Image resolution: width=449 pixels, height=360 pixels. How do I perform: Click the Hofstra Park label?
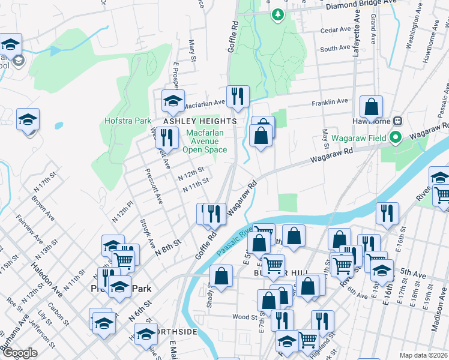point(127,121)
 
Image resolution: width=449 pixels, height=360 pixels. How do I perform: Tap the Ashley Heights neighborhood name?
point(197,121)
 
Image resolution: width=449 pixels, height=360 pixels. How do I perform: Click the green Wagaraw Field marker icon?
point(395,139)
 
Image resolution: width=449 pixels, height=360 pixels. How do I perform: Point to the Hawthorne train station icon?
point(397,120)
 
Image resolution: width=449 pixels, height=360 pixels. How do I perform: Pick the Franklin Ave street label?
point(330,103)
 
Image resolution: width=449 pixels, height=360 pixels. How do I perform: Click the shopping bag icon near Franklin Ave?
point(372,107)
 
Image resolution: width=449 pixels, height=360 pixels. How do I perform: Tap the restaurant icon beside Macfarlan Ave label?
point(238,96)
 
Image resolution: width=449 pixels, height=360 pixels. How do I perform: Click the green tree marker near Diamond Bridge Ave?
point(277,14)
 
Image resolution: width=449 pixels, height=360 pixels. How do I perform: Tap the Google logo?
point(20,353)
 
